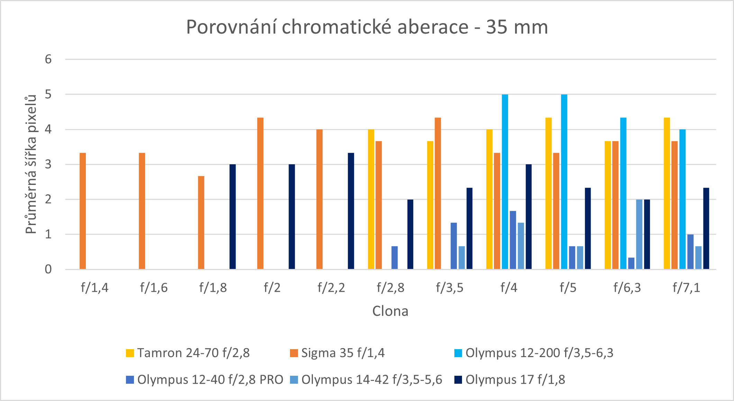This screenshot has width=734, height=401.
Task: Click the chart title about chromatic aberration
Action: [367, 27]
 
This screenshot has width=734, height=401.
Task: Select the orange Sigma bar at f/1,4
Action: [83, 211]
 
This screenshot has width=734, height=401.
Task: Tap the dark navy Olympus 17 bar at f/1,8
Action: [233, 217]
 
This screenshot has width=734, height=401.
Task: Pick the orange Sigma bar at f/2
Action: [260, 194]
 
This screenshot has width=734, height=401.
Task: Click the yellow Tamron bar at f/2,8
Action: [371, 199]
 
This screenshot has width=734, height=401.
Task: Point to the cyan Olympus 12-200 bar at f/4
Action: [505, 181]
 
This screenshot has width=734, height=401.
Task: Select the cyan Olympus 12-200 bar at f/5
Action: [564, 181]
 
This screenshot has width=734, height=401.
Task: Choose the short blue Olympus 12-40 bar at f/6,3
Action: [631, 263]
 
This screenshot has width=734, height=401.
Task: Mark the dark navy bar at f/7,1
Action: [706, 228]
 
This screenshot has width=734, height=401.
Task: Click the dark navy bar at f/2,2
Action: [351, 211]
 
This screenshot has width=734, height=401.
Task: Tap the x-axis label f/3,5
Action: [450, 288]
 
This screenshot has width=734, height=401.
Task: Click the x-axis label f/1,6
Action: [154, 288]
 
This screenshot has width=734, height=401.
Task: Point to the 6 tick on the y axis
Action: [48, 59]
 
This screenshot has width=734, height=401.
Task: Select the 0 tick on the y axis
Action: [48, 269]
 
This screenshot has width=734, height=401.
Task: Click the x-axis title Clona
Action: [390, 311]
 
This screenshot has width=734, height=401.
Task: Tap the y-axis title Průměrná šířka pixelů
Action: [31, 164]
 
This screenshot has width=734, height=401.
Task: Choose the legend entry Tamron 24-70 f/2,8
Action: [193, 353]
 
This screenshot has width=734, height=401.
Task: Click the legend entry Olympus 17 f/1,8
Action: [515, 380]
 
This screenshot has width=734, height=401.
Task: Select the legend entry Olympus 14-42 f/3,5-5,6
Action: [372, 380]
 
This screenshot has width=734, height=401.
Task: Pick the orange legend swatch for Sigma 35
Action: [294, 353]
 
